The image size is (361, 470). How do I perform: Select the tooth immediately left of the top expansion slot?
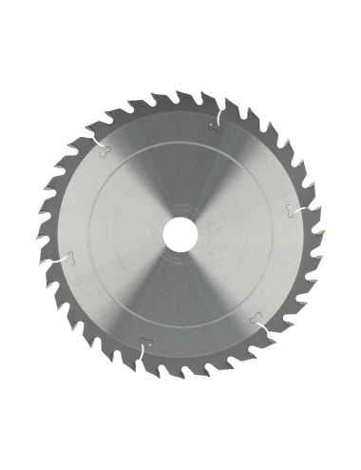click(x=199, y=99)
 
